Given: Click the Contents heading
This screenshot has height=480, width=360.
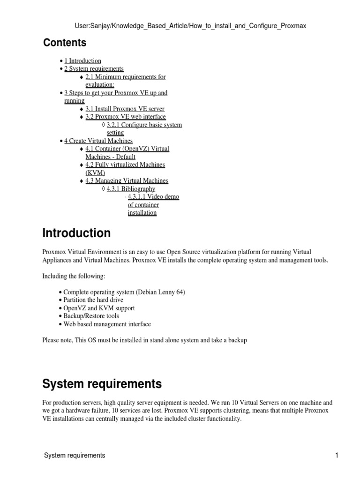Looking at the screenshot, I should tap(65, 43).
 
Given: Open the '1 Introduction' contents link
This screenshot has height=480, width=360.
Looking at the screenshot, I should tap(82, 61).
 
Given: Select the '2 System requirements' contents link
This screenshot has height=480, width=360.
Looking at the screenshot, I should tap(94, 69).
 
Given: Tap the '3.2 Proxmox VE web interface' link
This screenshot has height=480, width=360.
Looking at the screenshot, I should tap(126, 117).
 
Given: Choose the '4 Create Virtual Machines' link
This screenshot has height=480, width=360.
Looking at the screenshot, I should tap(98, 141).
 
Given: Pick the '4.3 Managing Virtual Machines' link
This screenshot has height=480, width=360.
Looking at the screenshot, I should tap(127, 180).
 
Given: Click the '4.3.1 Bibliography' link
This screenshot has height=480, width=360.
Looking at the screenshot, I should tap(131, 188).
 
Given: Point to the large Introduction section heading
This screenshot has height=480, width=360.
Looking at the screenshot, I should tap(76, 233).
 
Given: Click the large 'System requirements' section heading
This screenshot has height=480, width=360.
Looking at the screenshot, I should tap(102, 384).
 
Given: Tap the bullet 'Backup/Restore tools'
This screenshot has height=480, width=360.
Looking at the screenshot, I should tap(91, 316).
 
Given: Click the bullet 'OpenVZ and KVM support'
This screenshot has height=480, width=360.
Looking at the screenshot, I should tap(99, 308).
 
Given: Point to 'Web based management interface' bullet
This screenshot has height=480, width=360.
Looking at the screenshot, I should tap(107, 324).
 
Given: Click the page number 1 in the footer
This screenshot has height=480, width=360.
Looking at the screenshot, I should tap(337, 455).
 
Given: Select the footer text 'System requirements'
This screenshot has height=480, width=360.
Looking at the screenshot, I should tap(75, 455).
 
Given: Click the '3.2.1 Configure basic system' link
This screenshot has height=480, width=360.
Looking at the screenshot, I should tap(144, 125).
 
